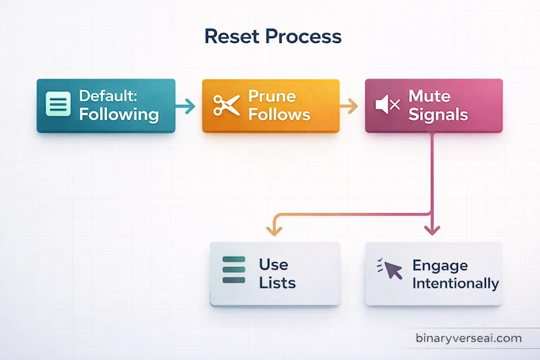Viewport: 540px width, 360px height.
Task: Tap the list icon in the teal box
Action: [57, 105]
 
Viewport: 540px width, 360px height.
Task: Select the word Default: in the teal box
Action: [109, 96]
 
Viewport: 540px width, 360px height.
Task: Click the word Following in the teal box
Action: [118, 114]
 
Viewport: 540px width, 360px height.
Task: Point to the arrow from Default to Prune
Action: [184, 105]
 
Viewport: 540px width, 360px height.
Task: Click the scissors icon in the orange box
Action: [226, 105]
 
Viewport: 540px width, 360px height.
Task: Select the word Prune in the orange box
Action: [272, 96]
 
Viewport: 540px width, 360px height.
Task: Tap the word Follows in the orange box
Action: [279, 114]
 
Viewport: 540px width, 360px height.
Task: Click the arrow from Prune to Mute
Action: [348, 105]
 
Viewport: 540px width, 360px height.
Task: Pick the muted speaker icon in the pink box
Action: [388, 105]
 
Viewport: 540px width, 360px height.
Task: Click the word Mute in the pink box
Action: [429, 96]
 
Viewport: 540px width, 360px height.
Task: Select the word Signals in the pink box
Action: [438, 114]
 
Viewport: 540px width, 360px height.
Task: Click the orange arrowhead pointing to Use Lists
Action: [274, 230]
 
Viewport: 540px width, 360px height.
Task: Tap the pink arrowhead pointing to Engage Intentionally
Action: [431, 230]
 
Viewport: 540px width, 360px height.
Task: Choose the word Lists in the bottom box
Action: [277, 283]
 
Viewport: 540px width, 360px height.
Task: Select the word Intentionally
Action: [456, 284]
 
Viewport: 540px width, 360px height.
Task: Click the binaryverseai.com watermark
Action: [469, 338]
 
